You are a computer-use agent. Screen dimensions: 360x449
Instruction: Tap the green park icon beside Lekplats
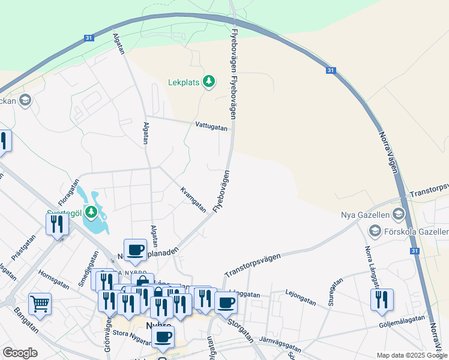tap(209, 81)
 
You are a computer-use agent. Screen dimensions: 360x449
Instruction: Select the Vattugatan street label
tap(211, 127)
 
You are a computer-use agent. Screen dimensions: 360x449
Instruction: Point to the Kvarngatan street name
tap(193, 199)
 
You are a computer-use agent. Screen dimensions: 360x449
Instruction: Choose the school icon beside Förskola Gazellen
tap(375, 231)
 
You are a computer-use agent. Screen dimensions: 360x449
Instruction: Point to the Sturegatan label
tap(335, 292)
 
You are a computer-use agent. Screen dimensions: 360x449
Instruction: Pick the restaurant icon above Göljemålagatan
tap(382, 299)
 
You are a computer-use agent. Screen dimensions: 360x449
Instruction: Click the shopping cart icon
tap(40, 303)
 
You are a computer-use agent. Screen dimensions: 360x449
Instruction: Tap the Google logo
tap(20, 353)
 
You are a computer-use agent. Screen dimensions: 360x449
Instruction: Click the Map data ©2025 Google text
tap(412, 355)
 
